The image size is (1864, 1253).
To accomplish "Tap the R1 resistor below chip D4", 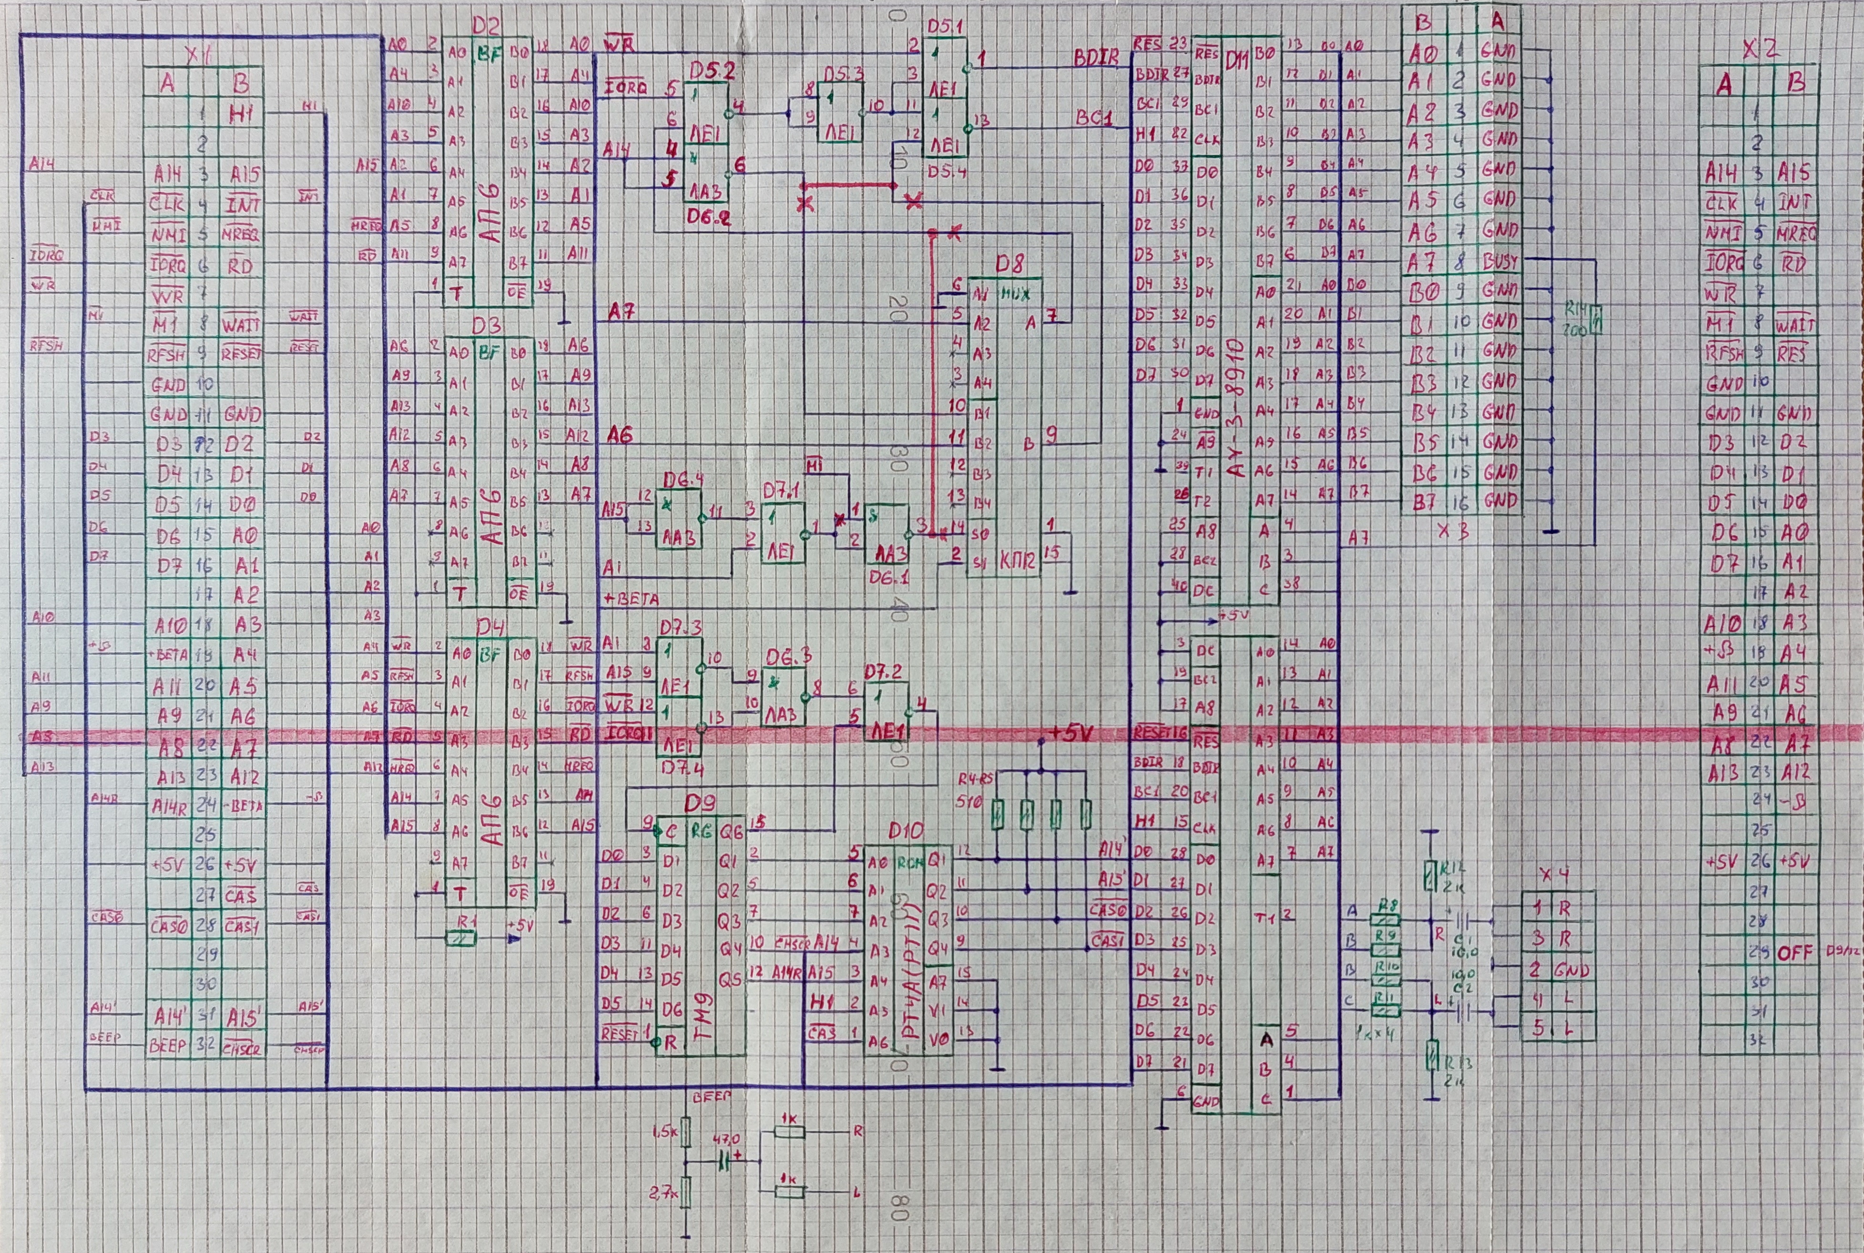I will click(x=461, y=937).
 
